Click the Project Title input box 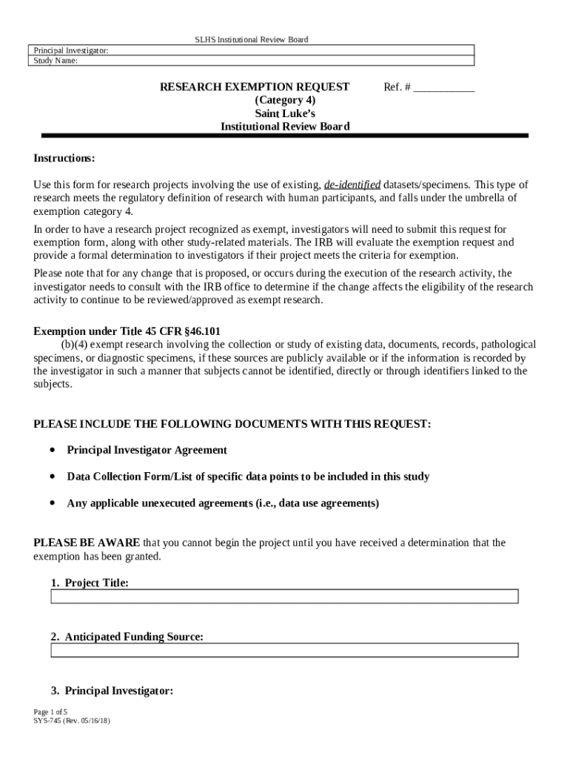coord(284,597)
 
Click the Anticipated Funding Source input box coord(284,650)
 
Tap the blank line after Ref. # coord(443,87)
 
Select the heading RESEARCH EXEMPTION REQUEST coord(255,87)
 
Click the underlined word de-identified coord(352,185)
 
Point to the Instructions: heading coord(64,159)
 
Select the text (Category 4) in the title coord(285,100)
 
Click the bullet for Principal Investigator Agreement coord(52,450)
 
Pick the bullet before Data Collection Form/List coord(52,477)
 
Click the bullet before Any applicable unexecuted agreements coord(52,503)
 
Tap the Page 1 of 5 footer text coord(50,712)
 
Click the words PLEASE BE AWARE coord(87,543)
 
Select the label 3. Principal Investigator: coord(112,691)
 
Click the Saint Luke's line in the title coord(285,113)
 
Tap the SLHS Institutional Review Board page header coord(251,39)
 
